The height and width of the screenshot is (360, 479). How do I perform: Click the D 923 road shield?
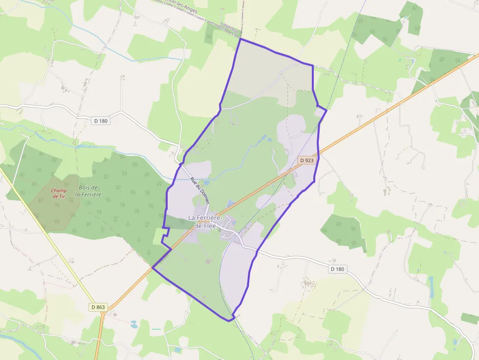point(306,160)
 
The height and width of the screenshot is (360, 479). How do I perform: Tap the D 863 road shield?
point(98,307)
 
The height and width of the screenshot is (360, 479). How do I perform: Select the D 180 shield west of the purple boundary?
point(100,121)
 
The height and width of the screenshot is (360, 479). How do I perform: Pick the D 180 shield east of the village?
point(337,269)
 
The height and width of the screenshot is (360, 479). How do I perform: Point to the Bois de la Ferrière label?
point(88,191)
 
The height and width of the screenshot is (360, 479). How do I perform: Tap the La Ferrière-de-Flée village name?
point(205,221)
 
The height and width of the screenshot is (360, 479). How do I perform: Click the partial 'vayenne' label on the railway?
point(229,29)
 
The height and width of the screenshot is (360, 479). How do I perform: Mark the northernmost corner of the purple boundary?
point(240,39)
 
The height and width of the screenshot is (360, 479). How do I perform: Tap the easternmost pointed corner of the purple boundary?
point(326,110)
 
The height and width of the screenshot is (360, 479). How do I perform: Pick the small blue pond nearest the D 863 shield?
point(133,323)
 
